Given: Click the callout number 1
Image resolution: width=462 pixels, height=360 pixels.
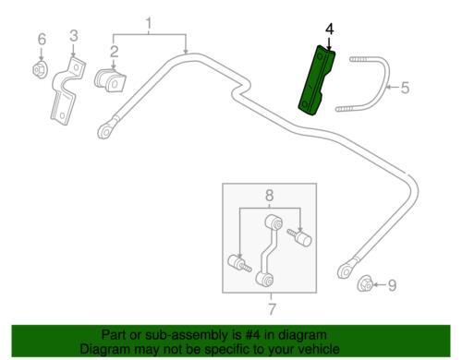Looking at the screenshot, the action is tap(149, 23).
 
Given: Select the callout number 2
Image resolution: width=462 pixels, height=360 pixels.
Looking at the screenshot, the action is tap(115, 52).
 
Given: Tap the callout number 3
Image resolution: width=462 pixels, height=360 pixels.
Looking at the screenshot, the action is tap(74, 36).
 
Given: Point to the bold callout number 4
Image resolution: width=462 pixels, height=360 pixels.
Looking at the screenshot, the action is tap(329, 30).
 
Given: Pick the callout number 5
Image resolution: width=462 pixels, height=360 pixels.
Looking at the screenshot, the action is tap(405, 88).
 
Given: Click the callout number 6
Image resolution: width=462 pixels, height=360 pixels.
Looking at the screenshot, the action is tap(42, 40).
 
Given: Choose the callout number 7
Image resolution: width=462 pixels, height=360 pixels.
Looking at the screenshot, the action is tap(272, 309).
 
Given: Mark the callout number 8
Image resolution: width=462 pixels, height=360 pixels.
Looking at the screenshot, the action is tap(269, 195).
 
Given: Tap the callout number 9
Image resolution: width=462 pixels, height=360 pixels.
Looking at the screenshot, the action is tap(392, 285).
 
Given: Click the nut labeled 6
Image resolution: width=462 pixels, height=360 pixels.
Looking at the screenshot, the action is tap(40, 70).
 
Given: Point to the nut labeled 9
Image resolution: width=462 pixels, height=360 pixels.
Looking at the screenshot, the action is tap(365, 282).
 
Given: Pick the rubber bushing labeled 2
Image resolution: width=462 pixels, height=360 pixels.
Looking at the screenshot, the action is tap(110, 80).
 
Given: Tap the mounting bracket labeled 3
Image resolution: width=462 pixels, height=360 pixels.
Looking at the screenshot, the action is tap(67, 90).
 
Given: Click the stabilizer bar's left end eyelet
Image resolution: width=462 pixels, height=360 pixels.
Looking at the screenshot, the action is tap(105, 132).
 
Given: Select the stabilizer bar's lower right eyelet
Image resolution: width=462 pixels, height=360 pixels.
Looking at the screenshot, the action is tap(346, 271).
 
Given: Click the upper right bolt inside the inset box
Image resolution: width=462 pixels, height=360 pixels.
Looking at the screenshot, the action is tap(299, 237).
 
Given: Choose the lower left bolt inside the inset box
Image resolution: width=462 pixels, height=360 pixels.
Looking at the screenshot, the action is tap(239, 264).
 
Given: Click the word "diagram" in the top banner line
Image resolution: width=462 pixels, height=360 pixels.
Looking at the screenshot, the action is tap(301, 335).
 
